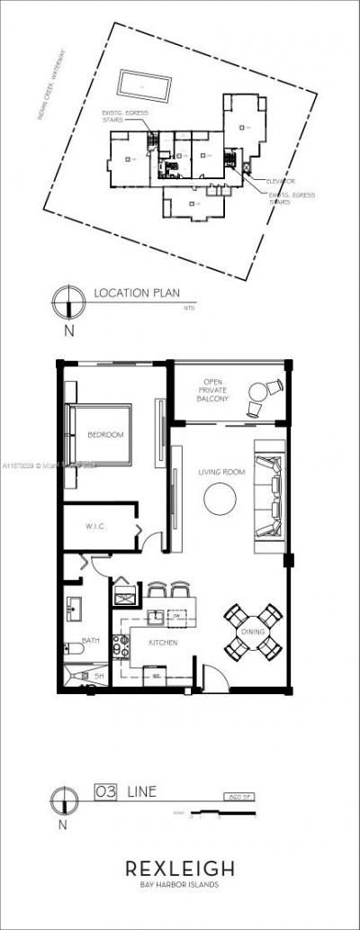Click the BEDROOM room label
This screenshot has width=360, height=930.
(x=105, y=435)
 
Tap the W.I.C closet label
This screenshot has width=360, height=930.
(x=96, y=526)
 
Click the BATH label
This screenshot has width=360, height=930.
(x=91, y=641)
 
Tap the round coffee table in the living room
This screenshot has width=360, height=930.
(x=219, y=499)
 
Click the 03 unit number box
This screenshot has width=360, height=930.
(x=106, y=792)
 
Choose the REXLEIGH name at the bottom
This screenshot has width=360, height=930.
(x=180, y=869)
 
